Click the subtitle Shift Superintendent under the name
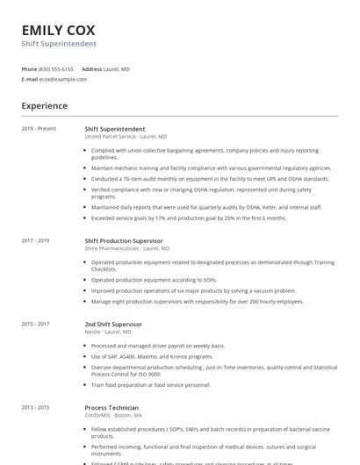[59, 44]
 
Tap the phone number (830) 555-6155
[56, 68]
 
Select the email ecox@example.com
[63, 79]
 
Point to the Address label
[91, 68]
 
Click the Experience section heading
[45, 106]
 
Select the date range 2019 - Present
[39, 129]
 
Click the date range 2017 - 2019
[36, 240]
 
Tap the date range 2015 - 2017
[36, 325]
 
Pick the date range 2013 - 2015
[36, 408]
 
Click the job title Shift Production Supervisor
[123, 240]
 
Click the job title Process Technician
[112, 408]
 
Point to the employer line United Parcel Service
[126, 137]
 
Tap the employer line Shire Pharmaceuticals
[127, 248]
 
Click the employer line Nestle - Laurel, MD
[108, 333]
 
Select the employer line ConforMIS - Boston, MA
[113, 416]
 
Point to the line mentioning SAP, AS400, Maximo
[152, 357]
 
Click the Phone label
[29, 68]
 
